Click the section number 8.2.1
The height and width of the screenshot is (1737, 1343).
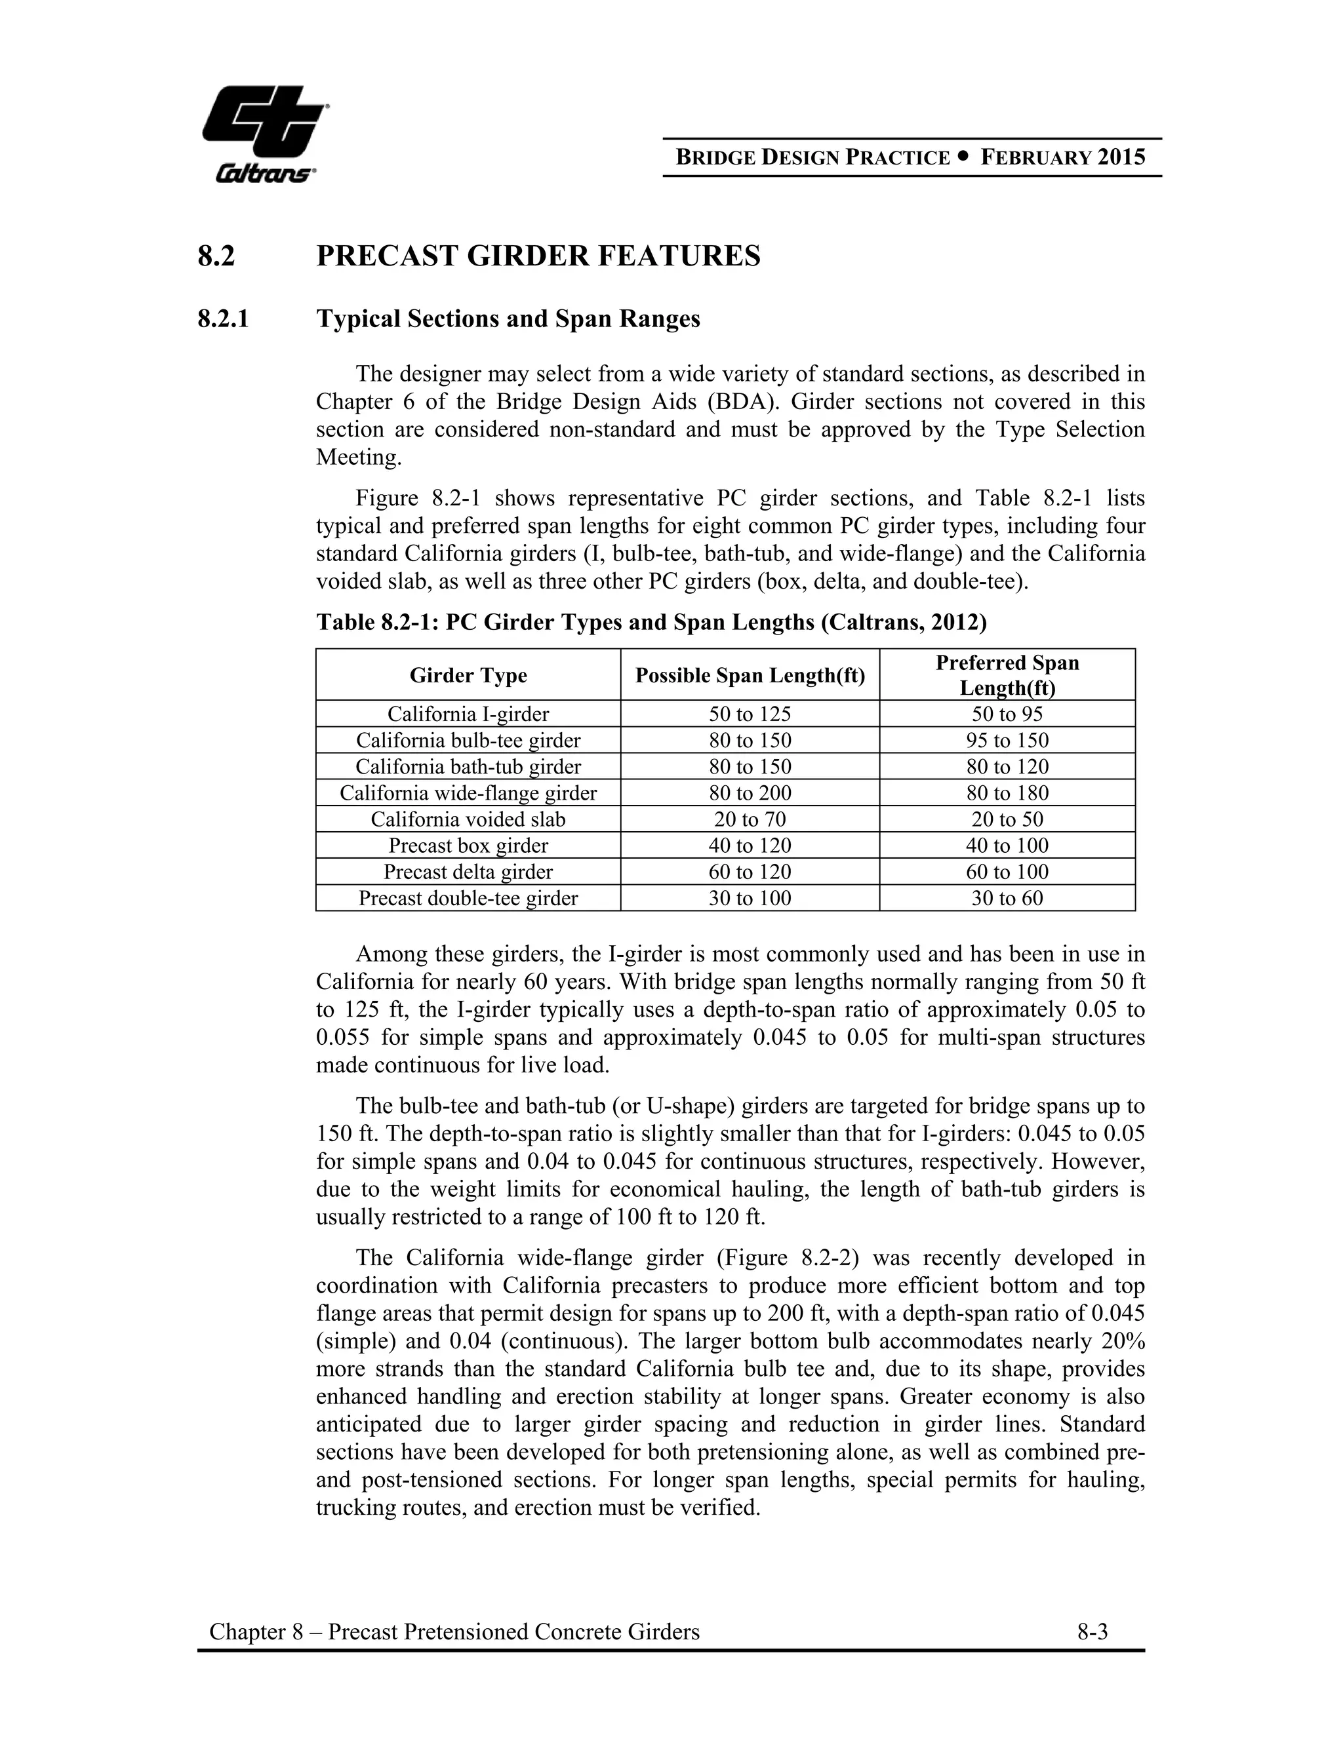click(x=223, y=319)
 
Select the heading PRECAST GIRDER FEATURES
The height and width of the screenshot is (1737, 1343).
click(x=538, y=256)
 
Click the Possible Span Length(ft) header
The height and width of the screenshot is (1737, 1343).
click(x=750, y=675)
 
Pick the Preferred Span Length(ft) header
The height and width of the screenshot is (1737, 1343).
click(x=1007, y=675)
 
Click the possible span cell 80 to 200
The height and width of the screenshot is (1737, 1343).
click(x=750, y=793)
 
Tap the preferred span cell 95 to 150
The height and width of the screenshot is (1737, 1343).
click(x=1007, y=741)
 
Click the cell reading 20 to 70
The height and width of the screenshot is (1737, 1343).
click(x=750, y=819)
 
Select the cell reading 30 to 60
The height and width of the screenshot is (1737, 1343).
click(x=1007, y=898)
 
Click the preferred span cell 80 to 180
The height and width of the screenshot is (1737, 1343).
click(x=1007, y=793)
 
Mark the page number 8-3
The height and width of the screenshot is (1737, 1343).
click(x=1092, y=1632)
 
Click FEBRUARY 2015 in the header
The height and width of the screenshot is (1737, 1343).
click(x=1062, y=157)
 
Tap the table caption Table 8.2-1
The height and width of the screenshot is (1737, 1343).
click(x=651, y=621)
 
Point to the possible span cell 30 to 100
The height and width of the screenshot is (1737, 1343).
click(x=750, y=898)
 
